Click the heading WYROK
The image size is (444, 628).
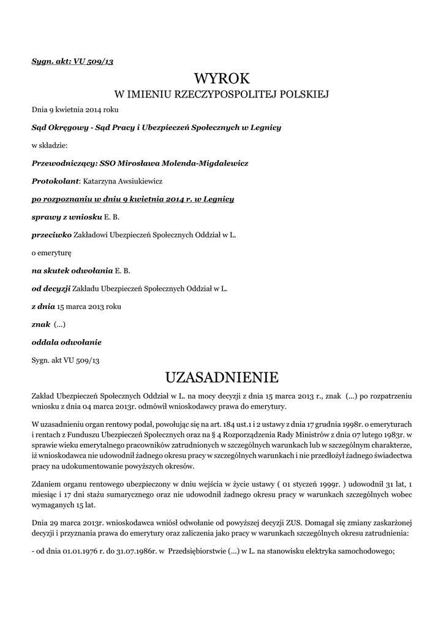(222, 78)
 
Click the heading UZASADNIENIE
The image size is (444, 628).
(222, 375)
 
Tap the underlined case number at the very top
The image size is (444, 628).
(72, 62)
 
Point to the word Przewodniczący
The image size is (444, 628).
(64, 164)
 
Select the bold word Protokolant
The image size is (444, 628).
(55, 182)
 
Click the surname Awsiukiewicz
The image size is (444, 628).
(137, 182)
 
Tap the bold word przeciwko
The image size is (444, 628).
(51, 235)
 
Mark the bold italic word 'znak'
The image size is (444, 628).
(41, 324)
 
